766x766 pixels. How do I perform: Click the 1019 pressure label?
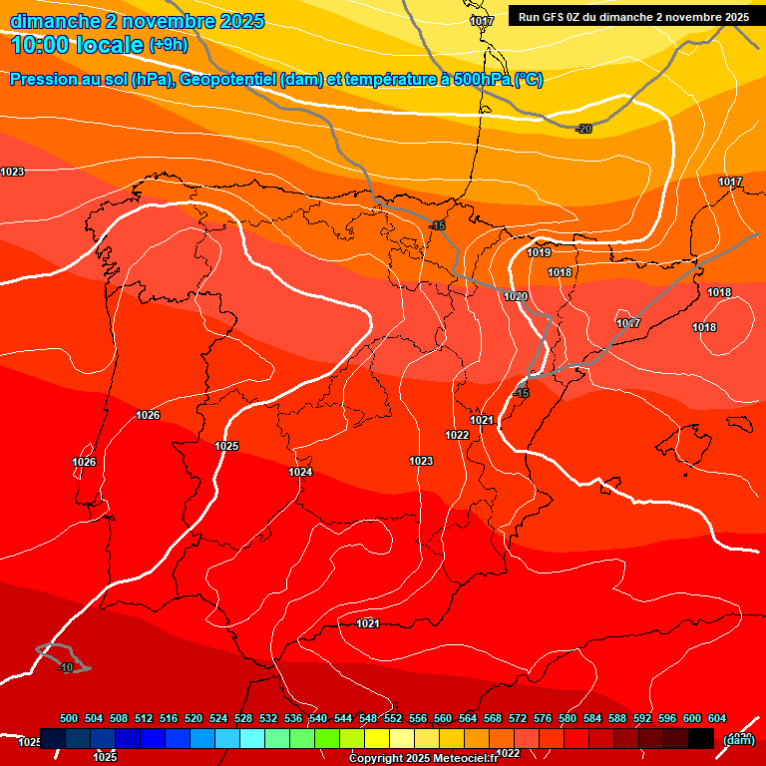[x=539, y=252]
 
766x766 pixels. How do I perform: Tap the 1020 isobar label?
[x=516, y=296]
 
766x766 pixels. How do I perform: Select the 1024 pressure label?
[x=300, y=472]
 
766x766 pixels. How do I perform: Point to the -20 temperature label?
[x=583, y=129]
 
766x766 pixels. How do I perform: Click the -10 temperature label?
[x=66, y=667]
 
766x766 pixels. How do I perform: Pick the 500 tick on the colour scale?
[x=69, y=718]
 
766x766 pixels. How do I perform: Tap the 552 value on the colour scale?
[x=393, y=718]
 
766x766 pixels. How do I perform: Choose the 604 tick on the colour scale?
[x=717, y=718]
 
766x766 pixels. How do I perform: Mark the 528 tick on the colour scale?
[x=243, y=718]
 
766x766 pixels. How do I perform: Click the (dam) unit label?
[x=738, y=739]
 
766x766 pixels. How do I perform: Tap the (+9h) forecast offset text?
[x=167, y=44]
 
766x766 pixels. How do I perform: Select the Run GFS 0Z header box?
[x=633, y=17]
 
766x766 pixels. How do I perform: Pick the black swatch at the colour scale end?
[x=701, y=738]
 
